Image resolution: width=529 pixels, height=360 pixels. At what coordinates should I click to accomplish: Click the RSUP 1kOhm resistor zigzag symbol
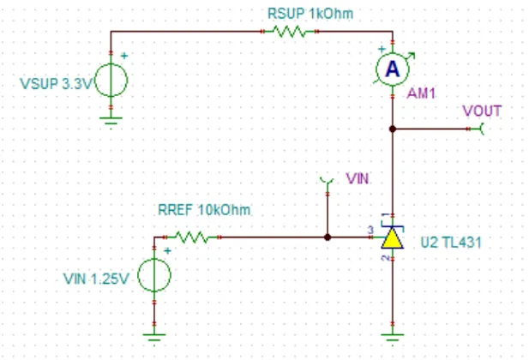coord(290,32)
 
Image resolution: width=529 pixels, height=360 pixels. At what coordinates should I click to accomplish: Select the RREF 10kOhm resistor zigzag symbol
coord(192,237)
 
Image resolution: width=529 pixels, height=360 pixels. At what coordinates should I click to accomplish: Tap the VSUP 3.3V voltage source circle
coord(111,81)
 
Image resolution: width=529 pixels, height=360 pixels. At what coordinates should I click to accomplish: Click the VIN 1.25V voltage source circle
coord(154,275)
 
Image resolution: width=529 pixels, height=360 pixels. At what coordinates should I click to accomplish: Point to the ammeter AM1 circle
coord(393,69)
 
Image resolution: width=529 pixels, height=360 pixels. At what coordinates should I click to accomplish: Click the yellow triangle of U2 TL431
coord(393,238)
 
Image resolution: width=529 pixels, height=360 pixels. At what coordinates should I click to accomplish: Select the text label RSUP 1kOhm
coord(310,14)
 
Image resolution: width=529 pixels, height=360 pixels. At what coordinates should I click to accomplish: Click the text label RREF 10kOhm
coord(204,210)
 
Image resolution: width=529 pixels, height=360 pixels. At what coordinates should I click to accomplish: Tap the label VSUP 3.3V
coord(56,84)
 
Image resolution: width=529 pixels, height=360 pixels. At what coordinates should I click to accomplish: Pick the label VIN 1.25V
coord(96,279)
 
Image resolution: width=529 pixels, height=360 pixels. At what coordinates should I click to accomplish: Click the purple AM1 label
coord(421,93)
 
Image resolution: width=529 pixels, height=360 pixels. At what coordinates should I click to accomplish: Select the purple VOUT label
coord(482,111)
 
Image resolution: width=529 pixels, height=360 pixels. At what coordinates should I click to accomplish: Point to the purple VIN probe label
coord(358,178)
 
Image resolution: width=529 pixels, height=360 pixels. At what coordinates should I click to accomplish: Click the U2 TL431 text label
coord(451,243)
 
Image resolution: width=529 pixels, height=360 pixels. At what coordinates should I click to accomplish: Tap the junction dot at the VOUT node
coord(393,129)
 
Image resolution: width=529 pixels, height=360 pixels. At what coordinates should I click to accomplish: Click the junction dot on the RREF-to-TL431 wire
coord(328,237)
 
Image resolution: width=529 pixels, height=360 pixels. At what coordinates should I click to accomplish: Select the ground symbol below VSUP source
coord(111,120)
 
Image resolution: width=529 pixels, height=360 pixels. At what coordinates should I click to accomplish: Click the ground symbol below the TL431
coord(393,337)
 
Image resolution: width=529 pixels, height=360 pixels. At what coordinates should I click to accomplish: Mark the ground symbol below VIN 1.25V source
coord(154,337)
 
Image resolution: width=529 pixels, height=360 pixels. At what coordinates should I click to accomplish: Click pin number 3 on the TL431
coord(370,230)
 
